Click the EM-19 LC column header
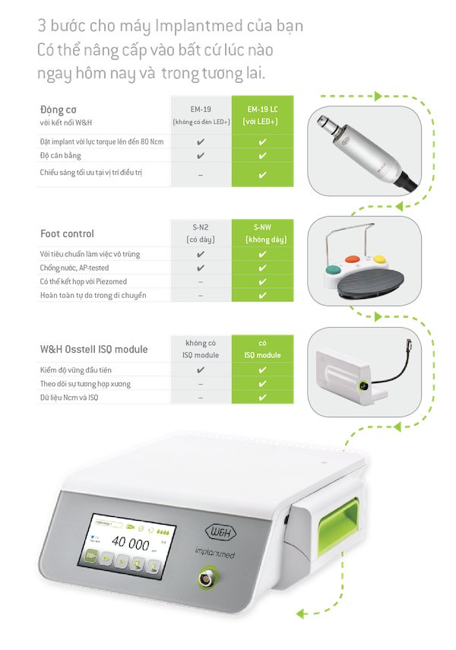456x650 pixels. pyautogui.click(x=262, y=115)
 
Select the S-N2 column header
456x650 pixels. pyautogui.click(x=201, y=233)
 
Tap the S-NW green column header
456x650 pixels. pyautogui.click(x=262, y=233)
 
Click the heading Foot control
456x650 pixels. pyautogui.click(x=67, y=234)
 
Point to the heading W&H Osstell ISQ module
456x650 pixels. pyautogui.click(x=93, y=350)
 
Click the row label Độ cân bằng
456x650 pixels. pyautogui.click(x=61, y=156)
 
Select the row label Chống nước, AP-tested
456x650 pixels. pyautogui.click(x=74, y=268)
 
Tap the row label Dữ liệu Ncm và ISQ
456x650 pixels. pyautogui.click(x=69, y=398)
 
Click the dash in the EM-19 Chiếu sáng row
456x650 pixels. pyautogui.click(x=201, y=176)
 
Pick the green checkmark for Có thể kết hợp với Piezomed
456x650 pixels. pyautogui.click(x=262, y=282)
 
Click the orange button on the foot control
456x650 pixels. pyautogui.click(x=353, y=259)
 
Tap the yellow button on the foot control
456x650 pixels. pyautogui.click(x=379, y=259)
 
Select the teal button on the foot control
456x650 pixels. pyautogui.click(x=333, y=271)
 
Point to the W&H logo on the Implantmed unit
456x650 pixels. pyautogui.click(x=220, y=532)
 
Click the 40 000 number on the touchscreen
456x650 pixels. pyautogui.click(x=130, y=543)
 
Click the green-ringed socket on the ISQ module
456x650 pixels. pyautogui.click(x=363, y=386)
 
